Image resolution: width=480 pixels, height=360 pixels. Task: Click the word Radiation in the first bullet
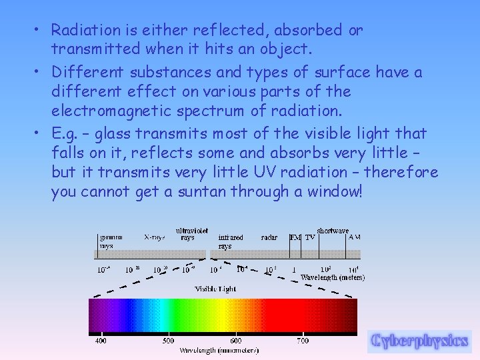tap(81, 31)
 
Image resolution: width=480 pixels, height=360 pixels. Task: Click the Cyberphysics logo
tap(420, 341)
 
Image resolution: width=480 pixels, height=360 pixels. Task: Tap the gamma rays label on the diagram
tap(111, 241)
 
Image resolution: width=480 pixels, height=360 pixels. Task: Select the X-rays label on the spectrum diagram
tap(155, 237)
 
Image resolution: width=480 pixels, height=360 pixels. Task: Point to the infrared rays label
tap(231, 241)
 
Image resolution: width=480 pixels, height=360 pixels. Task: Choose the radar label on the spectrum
tap(269, 237)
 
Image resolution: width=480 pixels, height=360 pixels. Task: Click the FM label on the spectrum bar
tap(295, 237)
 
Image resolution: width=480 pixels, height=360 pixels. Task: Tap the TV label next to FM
tap(310, 237)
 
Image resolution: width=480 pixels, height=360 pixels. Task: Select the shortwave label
tap(333, 231)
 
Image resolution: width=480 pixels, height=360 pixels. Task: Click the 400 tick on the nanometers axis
tap(99, 341)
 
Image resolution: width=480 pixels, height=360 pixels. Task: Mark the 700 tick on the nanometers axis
tap(302, 341)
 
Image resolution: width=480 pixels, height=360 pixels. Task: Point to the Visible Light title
tap(215, 289)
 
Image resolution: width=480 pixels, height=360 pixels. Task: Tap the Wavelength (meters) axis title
tap(333, 277)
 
